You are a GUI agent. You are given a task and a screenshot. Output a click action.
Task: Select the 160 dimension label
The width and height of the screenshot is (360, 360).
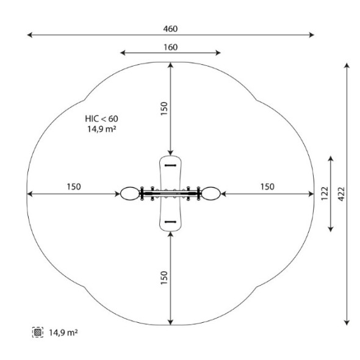click(x=171, y=48)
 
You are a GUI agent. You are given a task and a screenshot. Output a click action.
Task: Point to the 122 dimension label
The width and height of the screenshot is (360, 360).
click(x=325, y=193)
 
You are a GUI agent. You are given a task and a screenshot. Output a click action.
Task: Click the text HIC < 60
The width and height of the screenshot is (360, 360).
click(x=101, y=119)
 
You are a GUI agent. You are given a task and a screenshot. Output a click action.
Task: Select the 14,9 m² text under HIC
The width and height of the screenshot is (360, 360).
click(x=101, y=129)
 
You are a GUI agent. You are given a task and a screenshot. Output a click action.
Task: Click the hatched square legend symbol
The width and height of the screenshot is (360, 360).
click(x=38, y=332)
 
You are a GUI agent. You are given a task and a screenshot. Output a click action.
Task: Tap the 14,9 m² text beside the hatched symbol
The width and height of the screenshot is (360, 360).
click(x=63, y=333)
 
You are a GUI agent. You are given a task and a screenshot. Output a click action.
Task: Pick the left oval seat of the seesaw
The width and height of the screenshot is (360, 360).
click(x=130, y=193)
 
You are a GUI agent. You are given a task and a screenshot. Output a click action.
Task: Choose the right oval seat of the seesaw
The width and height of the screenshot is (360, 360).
click(x=211, y=193)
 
